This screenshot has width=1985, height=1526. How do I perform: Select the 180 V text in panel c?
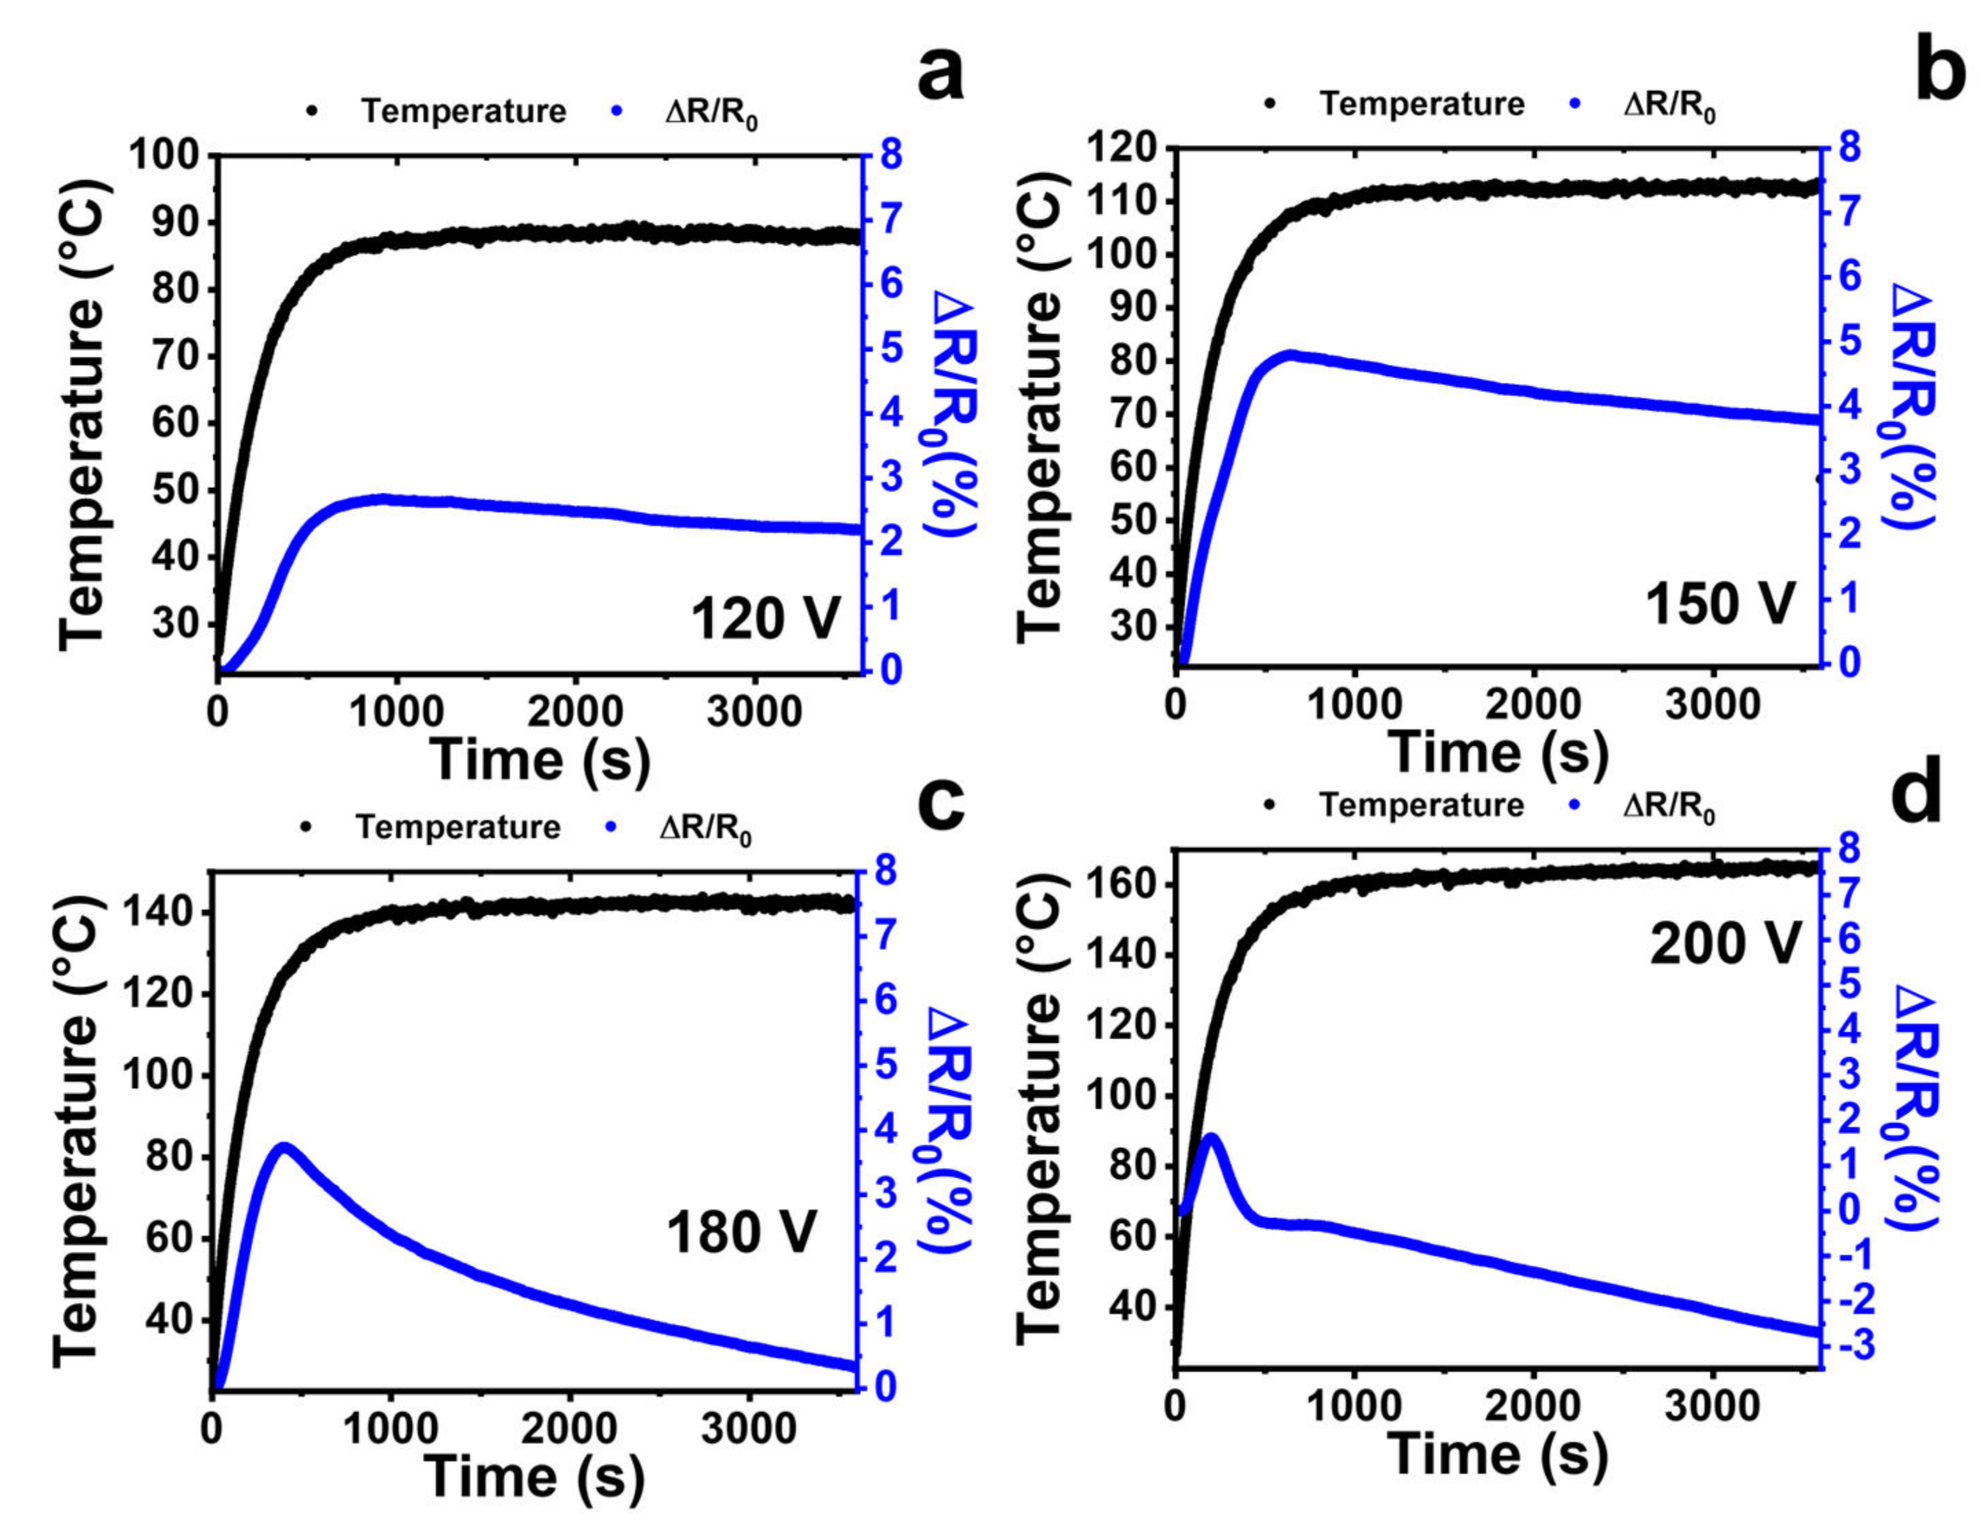tap(741, 1233)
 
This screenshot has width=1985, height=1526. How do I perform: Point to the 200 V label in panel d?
tap(1724, 944)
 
